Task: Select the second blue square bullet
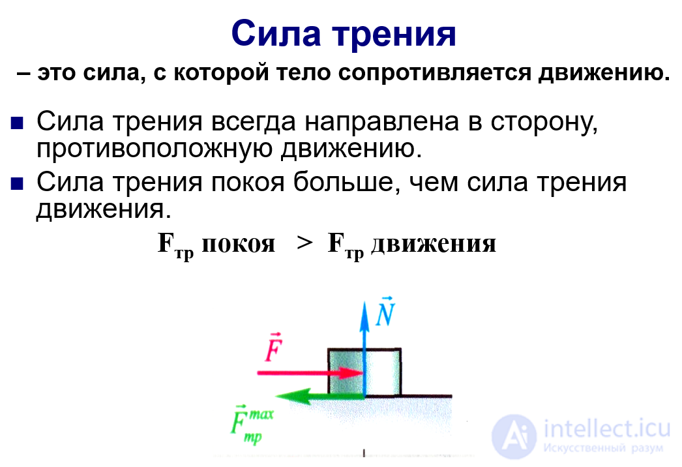pos(17,183)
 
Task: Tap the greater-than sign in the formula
pos(304,244)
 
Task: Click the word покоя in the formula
pos(238,244)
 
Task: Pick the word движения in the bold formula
pos(434,245)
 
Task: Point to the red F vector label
pos(273,349)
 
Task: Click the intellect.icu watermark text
pos(606,429)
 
